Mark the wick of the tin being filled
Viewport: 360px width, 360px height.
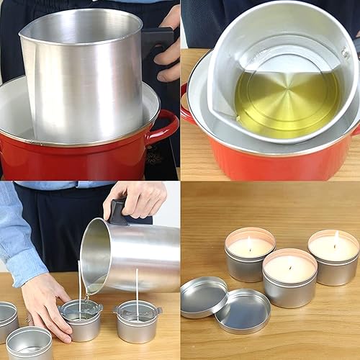[80, 284]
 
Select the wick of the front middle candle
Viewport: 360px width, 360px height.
[289, 263]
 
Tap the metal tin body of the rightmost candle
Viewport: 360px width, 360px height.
[333, 272]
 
